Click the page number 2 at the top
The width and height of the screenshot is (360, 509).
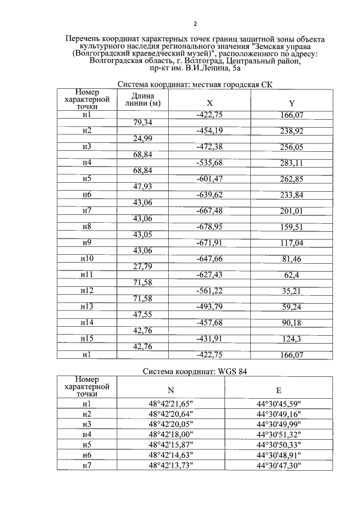pyautogui.click(x=195, y=24)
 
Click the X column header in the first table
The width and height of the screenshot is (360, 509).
pyautogui.click(x=210, y=103)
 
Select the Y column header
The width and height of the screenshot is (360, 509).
pyautogui.click(x=291, y=103)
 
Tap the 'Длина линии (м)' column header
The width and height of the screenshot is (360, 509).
pyautogui.click(x=142, y=100)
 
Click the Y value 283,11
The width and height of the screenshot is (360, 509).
pyautogui.click(x=291, y=163)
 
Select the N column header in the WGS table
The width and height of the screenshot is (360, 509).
pyautogui.click(x=171, y=391)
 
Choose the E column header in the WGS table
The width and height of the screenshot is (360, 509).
pyautogui.click(x=278, y=391)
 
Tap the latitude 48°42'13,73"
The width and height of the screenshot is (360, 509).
pyautogui.click(x=171, y=465)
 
